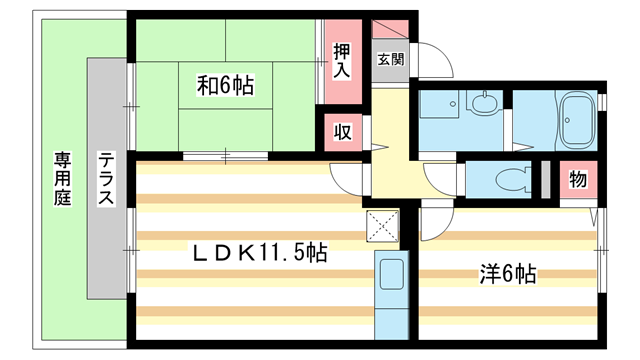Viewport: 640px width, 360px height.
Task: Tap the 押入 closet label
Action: coord(342,62)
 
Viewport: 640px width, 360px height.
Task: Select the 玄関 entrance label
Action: coord(390,59)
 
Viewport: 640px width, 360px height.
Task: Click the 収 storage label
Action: coord(342,132)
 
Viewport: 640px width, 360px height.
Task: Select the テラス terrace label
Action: coord(105,179)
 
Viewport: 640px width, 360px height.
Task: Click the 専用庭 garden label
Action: coord(63,179)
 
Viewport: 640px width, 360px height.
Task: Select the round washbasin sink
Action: coord(485,104)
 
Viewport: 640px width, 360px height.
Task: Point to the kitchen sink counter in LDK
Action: coord(390,284)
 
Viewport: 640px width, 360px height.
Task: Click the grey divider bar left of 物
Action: coord(546,180)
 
